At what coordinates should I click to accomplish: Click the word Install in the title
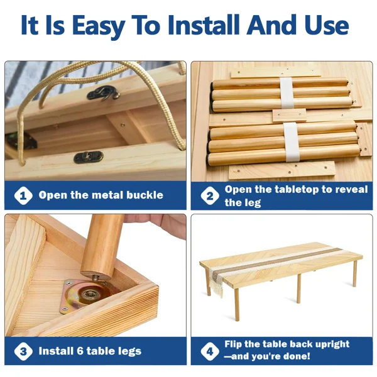[x=204, y=25]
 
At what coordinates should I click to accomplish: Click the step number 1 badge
[x=23, y=195]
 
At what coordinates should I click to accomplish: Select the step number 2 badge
[x=210, y=195]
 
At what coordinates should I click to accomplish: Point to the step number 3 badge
[x=23, y=351]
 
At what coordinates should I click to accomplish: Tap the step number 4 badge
[x=210, y=351]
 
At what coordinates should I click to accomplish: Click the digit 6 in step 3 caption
[x=80, y=351]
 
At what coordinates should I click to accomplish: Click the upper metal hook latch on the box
[x=104, y=93]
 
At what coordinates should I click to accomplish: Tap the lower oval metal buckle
[x=89, y=157]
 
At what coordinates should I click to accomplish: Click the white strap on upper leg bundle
[x=287, y=92]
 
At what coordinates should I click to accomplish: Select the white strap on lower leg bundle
[x=292, y=142]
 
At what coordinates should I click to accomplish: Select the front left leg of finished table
[x=237, y=305]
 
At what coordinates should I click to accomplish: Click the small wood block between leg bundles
[x=289, y=116]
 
